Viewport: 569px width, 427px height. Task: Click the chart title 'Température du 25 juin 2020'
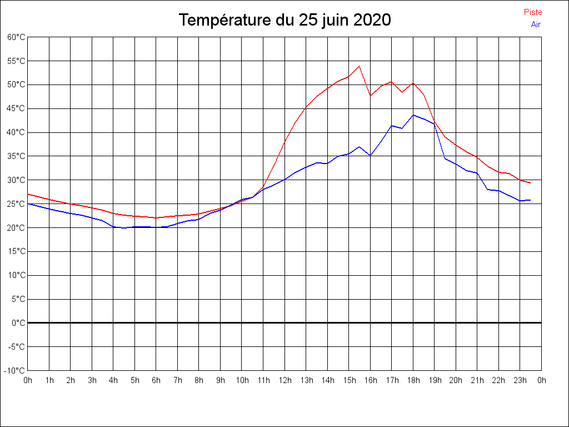284,21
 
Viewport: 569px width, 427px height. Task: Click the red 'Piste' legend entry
533,12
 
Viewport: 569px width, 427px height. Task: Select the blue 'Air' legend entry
536,24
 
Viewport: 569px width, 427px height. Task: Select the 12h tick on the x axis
284,381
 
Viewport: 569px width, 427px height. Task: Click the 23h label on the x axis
520,381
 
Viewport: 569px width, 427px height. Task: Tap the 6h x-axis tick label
156,381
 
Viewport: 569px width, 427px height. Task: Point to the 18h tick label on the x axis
413,381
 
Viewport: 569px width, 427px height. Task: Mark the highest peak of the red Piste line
360,66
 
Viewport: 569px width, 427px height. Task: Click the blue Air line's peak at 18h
413,115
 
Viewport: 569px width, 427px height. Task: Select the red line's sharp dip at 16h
371,96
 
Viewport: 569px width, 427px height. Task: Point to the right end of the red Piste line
531,183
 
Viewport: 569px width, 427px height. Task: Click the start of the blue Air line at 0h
28,203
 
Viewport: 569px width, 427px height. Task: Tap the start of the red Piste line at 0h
28,194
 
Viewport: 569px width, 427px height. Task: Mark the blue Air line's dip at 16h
371,156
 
